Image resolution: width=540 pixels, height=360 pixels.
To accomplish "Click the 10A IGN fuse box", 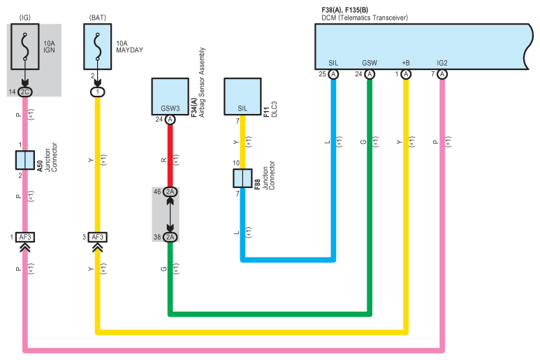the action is (24, 47).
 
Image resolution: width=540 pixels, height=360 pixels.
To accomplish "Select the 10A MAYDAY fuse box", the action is (98, 47).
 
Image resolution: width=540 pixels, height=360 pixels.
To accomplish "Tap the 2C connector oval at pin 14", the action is (24, 92).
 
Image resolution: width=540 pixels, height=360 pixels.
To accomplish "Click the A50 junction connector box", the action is (24, 160).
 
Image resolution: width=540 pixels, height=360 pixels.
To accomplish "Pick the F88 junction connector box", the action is (242, 178).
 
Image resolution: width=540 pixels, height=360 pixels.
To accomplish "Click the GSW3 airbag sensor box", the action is (170, 96).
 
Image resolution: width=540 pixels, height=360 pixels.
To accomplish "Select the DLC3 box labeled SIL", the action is (242, 96).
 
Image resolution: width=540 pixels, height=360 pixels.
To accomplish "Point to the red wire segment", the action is (170, 156).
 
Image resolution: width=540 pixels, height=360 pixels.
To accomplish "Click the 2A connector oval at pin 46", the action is (170, 192).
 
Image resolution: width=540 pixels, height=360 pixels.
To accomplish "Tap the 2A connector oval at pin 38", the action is (170, 237).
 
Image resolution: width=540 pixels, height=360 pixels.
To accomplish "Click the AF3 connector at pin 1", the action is (25, 237).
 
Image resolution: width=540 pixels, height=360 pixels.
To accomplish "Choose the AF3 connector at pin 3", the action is (98, 237).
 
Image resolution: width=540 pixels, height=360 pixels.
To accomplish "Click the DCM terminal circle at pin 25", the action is (333, 74).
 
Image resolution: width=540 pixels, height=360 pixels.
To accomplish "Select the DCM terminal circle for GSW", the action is (370, 74).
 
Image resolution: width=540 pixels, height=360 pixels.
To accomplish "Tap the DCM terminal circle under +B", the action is (406, 74).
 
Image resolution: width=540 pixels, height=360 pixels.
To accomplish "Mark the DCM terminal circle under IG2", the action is (442, 74).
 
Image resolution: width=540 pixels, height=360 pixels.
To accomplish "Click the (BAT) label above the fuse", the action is (98, 17).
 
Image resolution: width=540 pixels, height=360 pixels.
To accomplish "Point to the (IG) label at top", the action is (24, 17).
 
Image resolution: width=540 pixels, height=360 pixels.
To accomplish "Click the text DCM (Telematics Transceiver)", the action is (365, 17).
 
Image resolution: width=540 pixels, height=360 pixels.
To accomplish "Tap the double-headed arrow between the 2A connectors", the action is (170, 215).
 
